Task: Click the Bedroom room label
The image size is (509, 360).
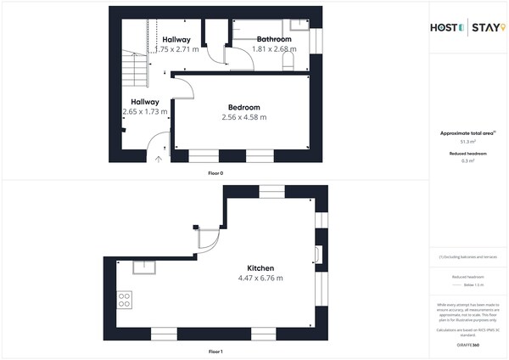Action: click(243, 107)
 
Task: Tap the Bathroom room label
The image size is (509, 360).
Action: click(274, 39)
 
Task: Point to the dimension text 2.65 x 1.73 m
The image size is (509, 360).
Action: click(145, 111)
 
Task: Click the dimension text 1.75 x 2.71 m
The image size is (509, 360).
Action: click(177, 50)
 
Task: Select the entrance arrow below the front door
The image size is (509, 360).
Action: click(159, 159)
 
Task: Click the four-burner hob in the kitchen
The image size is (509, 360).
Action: click(125, 299)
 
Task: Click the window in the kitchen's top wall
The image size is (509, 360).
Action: click(271, 191)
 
